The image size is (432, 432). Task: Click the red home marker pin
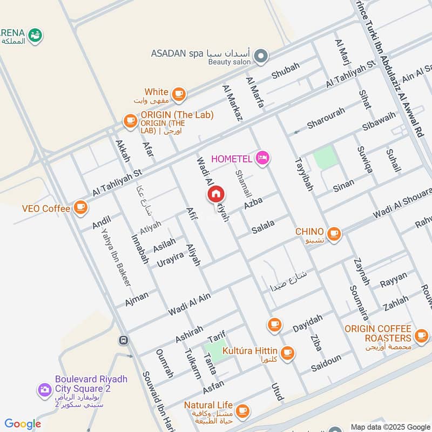click(x=215, y=194)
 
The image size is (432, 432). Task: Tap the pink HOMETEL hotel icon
click(x=263, y=158)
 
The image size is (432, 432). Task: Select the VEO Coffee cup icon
click(x=81, y=207)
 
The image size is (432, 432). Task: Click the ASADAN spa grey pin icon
click(x=261, y=55)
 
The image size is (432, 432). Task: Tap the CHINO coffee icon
click(x=334, y=233)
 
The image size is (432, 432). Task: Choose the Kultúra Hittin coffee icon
click(x=287, y=352)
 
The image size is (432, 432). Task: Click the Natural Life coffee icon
click(x=243, y=409)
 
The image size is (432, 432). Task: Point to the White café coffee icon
click(x=179, y=94)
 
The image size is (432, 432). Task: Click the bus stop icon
click(x=124, y=341)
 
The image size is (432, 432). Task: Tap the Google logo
click(x=23, y=424)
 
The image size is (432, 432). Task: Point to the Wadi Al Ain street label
click(x=189, y=303)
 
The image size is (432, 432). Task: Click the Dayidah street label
click(x=307, y=323)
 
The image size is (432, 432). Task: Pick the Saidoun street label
click(x=326, y=366)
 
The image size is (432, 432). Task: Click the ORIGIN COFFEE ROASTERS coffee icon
click(x=421, y=336)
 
